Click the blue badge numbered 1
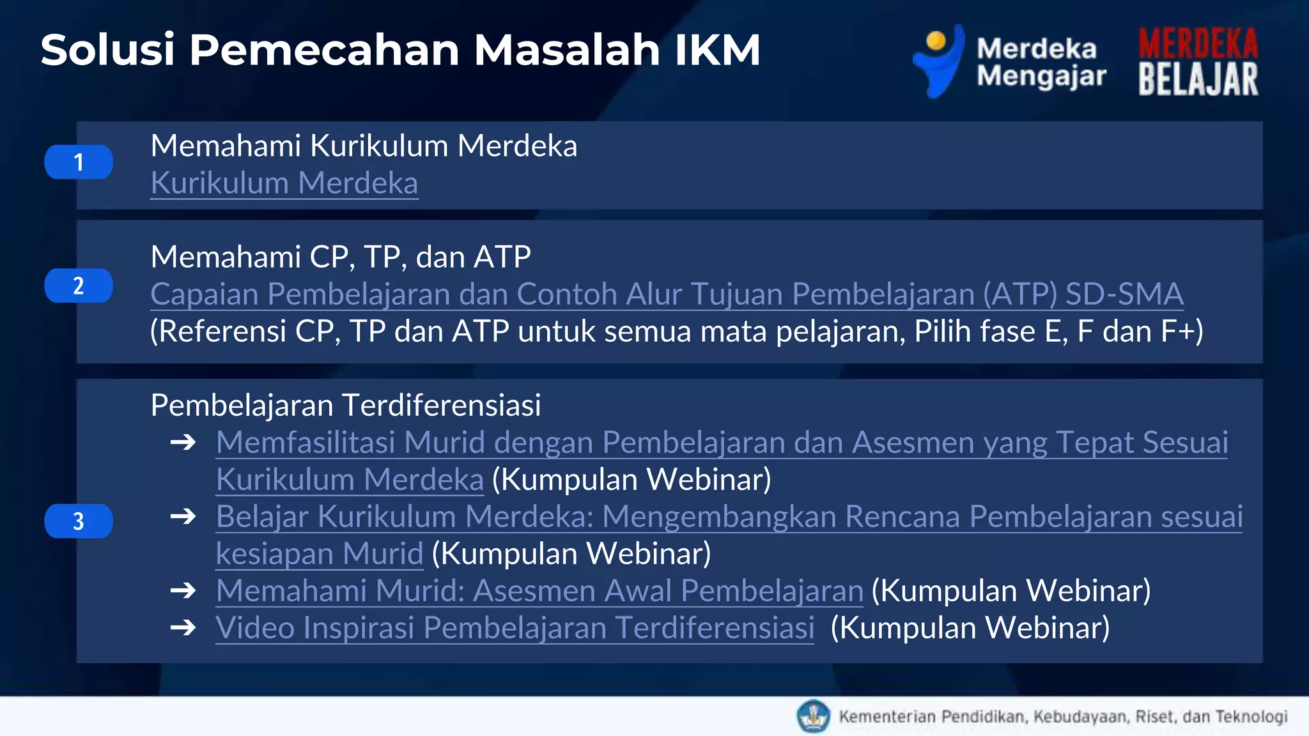point(79,162)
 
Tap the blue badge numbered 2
point(79,286)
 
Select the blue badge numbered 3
point(79,521)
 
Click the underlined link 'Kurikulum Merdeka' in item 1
point(284,183)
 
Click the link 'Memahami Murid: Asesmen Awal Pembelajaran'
point(539,591)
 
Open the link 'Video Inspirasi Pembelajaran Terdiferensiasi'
point(515,628)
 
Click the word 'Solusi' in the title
point(107,50)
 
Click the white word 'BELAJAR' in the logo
point(1198,79)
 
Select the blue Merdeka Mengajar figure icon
point(938,61)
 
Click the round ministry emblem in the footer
point(813,716)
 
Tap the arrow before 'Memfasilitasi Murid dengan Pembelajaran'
point(183,442)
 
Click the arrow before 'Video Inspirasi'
point(183,628)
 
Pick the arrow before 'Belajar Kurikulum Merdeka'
point(183,516)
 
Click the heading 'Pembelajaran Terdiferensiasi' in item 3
point(346,405)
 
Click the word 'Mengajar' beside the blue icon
point(1041,77)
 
